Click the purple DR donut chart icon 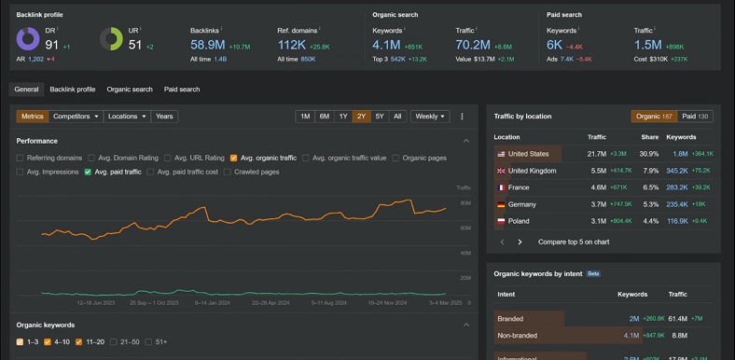(28, 39)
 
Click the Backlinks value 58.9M (207, 45)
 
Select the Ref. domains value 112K (292, 45)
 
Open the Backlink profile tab (73, 90)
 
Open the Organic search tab (130, 90)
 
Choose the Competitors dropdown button (76, 117)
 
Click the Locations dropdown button (127, 117)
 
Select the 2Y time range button (361, 117)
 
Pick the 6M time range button (324, 117)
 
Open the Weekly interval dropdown (429, 117)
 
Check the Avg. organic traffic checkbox (234, 159)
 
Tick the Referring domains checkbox (21, 159)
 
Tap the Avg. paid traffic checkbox (89, 173)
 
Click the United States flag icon (501, 154)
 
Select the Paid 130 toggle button (695, 117)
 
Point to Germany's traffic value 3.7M (597, 204)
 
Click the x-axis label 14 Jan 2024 (214, 303)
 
